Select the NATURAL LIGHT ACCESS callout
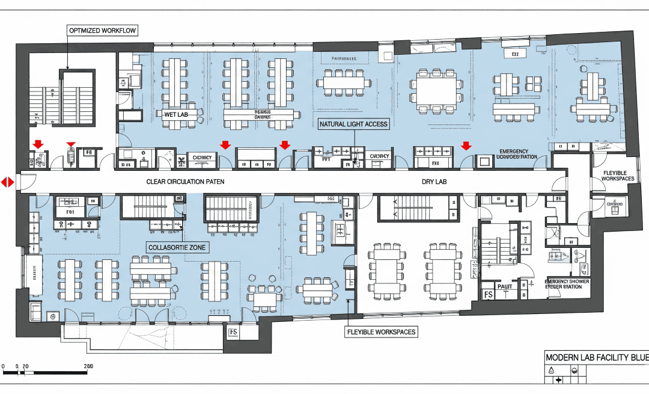point(354,124)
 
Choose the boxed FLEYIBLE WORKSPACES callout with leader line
point(382,331)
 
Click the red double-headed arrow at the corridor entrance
point(7,182)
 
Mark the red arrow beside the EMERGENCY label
point(466,145)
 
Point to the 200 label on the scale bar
point(88,366)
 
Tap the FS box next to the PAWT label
point(489,295)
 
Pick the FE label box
point(88,153)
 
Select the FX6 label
point(435,163)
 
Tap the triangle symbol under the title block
point(551,371)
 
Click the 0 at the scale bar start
point(4,366)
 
